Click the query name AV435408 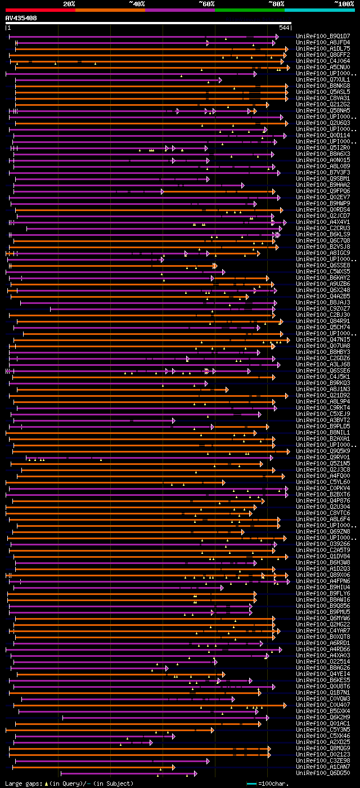[21, 18]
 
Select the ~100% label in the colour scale [344, 3]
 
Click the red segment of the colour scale [40, 10]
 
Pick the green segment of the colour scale [249, 10]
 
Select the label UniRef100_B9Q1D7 [315, 36]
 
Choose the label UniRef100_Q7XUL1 [315, 79]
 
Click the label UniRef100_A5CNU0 [315, 67]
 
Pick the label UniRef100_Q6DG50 [315, 773]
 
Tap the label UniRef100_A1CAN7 [315, 767]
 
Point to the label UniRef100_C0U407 [315, 705]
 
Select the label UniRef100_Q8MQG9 [315, 748]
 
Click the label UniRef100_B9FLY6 [315, 593]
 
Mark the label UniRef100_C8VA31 [315, 98]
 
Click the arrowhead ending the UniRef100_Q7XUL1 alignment [220, 80]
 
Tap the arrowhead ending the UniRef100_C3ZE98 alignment [269, 761]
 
